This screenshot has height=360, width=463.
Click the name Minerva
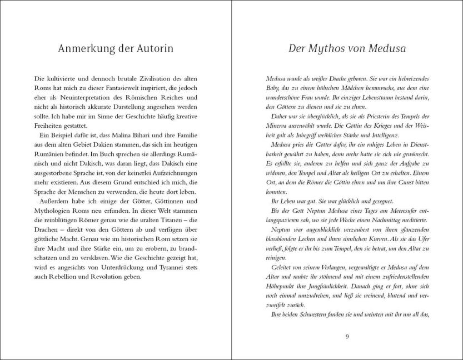click(x=281, y=128)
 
